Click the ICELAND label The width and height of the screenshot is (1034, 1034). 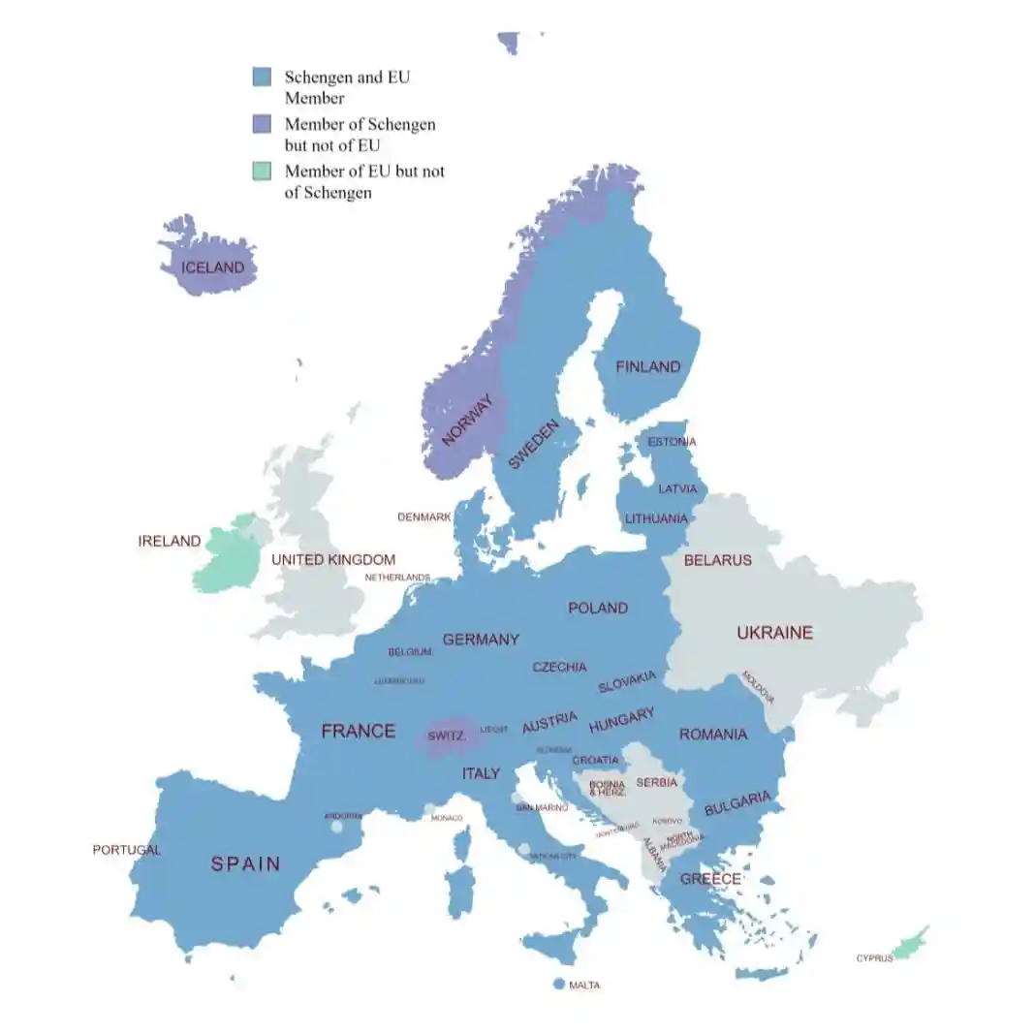[x=212, y=266]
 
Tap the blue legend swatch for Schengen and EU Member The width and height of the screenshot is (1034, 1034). [x=262, y=78]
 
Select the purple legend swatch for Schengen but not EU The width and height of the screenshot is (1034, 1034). [x=262, y=124]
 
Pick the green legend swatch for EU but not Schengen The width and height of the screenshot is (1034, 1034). [x=262, y=172]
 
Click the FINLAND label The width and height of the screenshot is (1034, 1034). [x=648, y=367]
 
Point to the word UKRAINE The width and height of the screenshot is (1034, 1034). [x=774, y=633]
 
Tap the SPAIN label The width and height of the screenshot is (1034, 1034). [x=246, y=863]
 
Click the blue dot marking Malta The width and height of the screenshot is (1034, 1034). [x=558, y=984]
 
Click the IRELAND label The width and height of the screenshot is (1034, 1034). [x=170, y=542]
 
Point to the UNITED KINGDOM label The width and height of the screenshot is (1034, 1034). [x=333, y=560]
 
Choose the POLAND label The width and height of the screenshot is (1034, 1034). [x=598, y=608]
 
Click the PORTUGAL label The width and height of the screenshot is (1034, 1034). [x=127, y=850]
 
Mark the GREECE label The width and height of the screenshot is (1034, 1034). [x=710, y=879]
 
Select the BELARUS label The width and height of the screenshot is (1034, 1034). [x=717, y=560]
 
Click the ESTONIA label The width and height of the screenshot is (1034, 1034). [x=672, y=442]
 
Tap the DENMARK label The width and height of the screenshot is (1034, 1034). [x=424, y=517]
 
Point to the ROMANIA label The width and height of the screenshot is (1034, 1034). [x=713, y=735]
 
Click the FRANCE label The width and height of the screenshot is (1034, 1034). [x=359, y=731]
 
